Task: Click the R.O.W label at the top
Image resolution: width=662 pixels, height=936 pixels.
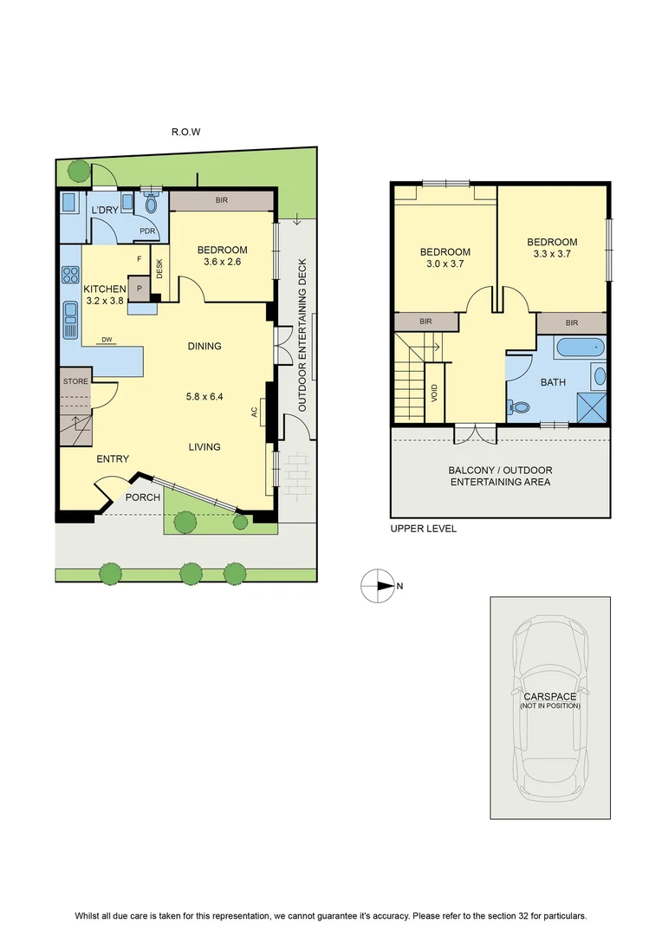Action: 185,132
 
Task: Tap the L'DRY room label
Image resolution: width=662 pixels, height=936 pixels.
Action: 105,210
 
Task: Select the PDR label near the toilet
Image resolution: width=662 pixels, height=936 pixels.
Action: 147,231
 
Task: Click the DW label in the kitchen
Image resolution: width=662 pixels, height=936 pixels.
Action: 107,340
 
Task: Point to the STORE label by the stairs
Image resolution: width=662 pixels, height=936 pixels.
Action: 75,381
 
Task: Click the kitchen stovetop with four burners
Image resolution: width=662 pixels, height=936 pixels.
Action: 70,276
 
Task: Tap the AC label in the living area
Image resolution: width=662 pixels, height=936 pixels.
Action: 254,412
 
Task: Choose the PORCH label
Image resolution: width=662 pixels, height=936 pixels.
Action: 143,497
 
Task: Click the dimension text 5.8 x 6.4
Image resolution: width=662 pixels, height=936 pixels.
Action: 204,396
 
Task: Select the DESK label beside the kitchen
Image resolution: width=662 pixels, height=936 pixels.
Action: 159,268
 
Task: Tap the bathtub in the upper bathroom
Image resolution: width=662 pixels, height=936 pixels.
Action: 580,348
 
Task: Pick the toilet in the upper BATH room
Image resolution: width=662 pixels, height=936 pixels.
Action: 520,407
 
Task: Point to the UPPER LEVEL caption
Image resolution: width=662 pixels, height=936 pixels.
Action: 423,529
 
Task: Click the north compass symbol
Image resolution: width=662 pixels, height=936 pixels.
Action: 378,586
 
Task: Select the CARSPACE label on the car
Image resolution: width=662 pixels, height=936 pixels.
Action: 549,697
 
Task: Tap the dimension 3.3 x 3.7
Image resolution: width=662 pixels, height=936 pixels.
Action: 552,254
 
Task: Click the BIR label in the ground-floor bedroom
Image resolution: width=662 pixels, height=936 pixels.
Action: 222,200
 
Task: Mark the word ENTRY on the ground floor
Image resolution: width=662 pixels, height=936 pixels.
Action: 113,459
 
